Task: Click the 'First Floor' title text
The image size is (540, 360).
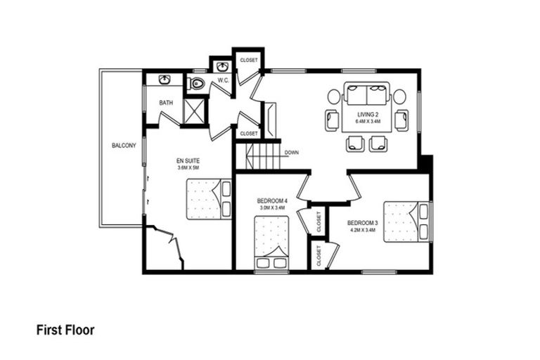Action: [65, 329]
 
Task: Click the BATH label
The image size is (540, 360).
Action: [166, 103]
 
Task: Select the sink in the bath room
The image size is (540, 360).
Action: [165, 79]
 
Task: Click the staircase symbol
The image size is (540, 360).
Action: [257, 155]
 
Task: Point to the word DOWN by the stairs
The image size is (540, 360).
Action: [292, 152]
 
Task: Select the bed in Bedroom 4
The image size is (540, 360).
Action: [271, 243]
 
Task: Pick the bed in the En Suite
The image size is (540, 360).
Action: [209, 199]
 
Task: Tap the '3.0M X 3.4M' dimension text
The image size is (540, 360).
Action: [271, 208]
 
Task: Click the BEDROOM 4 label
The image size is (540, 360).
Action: [271, 202]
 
